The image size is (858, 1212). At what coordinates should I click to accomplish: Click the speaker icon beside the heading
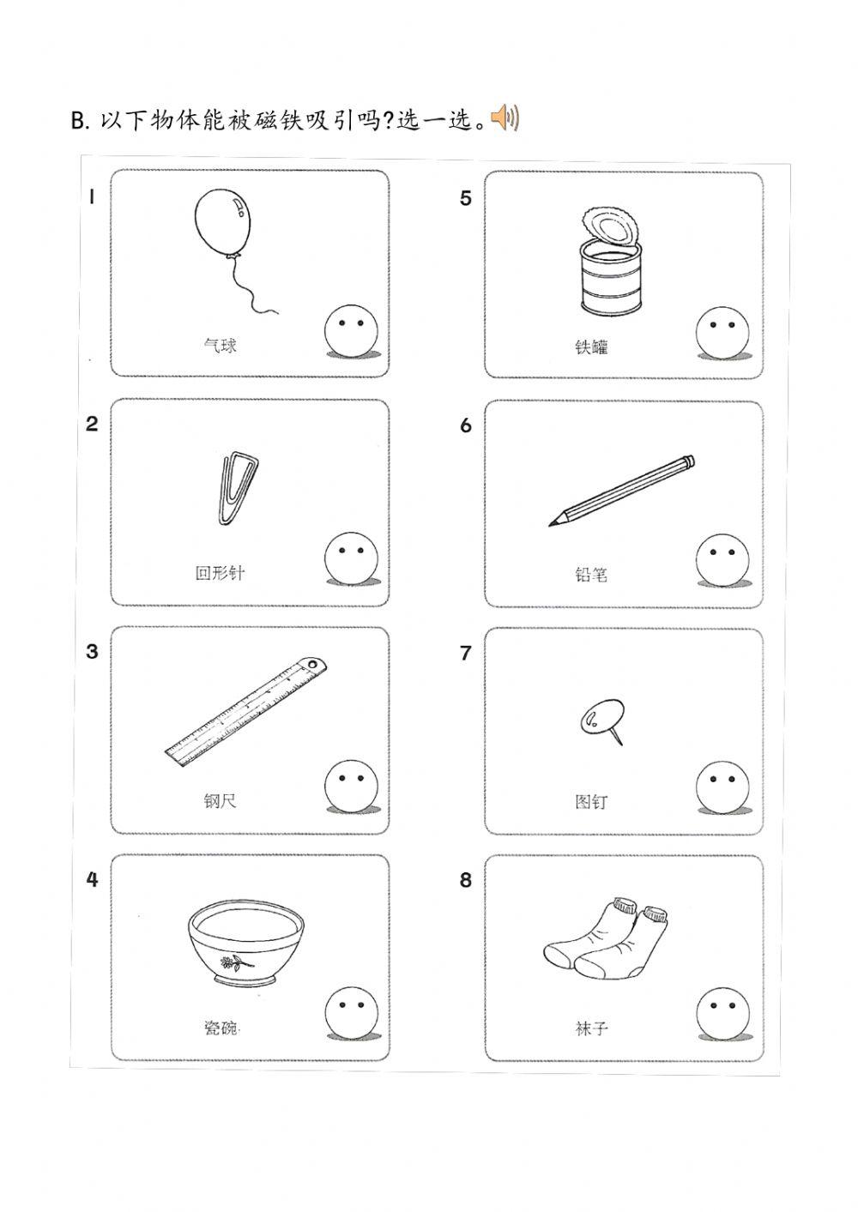505,118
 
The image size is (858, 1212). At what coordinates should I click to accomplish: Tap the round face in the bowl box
350,1012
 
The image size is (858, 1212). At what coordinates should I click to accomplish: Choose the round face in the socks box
722,1013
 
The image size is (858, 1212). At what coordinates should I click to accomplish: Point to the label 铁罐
591,347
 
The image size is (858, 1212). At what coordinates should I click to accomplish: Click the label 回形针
220,573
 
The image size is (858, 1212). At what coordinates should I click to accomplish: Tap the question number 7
465,654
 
